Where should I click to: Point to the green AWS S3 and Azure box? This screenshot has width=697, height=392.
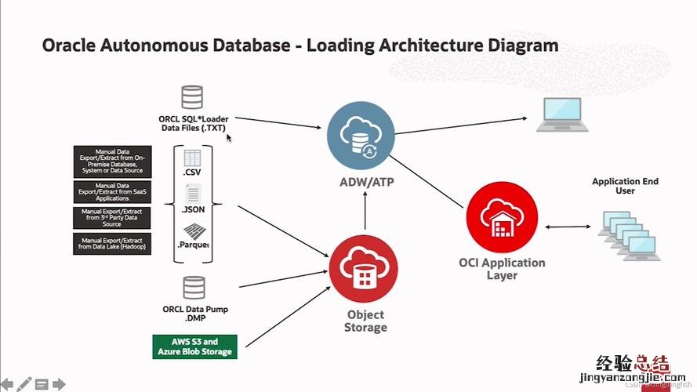point(194,347)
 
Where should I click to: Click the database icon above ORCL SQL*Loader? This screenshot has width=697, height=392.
point(192,97)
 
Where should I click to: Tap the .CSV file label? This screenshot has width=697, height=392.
point(193,172)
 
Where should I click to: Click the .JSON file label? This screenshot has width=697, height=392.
point(194,209)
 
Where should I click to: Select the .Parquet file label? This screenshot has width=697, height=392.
point(193,245)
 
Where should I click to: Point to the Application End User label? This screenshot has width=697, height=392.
point(625,186)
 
